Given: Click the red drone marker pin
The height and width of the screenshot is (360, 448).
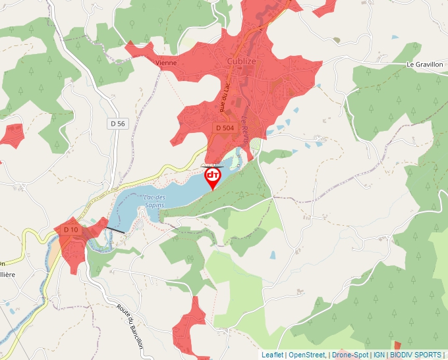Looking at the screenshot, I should [x=213, y=177].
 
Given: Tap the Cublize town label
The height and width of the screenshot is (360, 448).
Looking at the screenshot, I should [x=240, y=61].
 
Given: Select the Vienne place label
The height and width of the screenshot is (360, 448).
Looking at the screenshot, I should [x=166, y=63].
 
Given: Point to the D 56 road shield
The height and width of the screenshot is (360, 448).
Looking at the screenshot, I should [x=117, y=123].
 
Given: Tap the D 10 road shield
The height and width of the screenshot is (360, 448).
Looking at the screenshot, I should [x=70, y=229].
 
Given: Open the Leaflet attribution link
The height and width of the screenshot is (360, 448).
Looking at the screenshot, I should [x=272, y=355].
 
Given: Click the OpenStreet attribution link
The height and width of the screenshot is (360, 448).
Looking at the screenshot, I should [x=306, y=355].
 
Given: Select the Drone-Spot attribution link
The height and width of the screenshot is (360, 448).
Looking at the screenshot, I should [x=350, y=355].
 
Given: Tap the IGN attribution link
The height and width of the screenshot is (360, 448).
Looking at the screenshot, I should [x=379, y=355].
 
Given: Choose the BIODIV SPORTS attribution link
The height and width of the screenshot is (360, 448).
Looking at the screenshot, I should [x=416, y=355].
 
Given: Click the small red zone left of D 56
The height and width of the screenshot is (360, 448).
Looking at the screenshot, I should [x=11, y=135].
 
